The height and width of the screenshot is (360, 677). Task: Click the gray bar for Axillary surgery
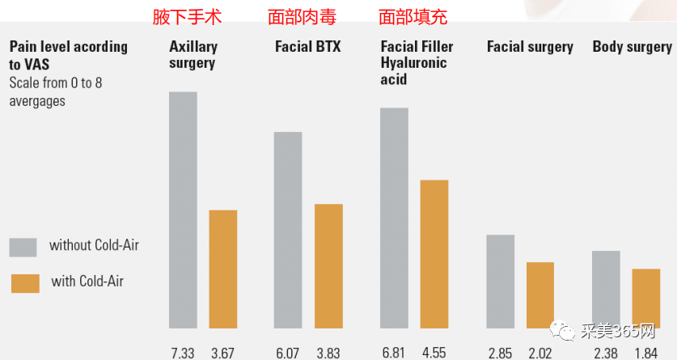click(183, 210)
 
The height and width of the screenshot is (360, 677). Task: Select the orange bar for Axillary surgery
click(223, 269)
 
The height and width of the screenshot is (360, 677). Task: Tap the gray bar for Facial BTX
click(288, 230)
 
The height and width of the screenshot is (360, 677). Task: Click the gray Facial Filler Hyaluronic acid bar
click(394, 218)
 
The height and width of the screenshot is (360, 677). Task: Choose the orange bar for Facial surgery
click(540, 294)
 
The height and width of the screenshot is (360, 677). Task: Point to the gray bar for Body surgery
click(606, 289)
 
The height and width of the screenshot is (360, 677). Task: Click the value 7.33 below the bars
click(183, 353)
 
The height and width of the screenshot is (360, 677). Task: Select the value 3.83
click(328, 353)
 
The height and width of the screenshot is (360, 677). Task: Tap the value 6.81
click(394, 353)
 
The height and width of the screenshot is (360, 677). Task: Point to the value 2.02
click(540, 353)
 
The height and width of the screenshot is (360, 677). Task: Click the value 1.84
click(646, 353)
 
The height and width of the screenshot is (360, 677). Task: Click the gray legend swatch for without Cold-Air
click(23, 247)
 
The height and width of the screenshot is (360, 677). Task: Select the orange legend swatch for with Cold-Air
click(25, 283)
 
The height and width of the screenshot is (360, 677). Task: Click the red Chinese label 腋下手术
click(187, 16)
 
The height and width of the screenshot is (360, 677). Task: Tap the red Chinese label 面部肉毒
click(302, 16)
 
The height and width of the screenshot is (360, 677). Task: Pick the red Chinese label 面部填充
click(413, 16)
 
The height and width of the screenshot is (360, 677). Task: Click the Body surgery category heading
click(632, 47)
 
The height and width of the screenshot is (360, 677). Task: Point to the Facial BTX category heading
click(307, 47)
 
